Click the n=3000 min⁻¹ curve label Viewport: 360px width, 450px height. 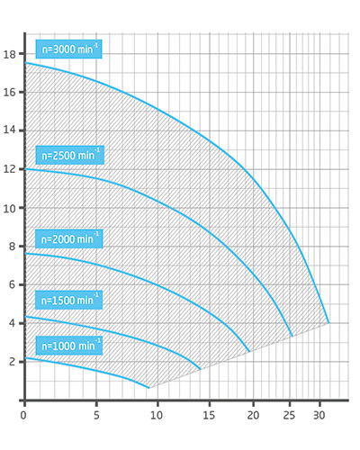(69, 49)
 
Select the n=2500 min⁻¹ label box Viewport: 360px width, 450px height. (69, 155)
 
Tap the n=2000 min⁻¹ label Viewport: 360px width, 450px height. (68, 238)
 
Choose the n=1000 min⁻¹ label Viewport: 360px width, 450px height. (68, 346)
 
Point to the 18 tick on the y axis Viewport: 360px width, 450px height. (9, 55)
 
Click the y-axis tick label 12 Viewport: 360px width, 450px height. (9, 169)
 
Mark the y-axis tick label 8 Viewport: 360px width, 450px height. (9, 246)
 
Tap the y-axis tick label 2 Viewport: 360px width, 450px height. (9, 361)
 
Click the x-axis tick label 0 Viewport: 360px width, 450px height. (23, 416)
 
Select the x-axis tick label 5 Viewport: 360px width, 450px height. (96, 416)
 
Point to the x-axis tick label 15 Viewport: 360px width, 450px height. (209, 416)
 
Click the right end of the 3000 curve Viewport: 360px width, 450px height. (328, 322)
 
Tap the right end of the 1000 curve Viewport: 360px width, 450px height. (148, 388)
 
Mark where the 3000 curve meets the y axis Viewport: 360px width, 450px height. (24, 63)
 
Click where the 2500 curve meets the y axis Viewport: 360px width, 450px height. (24, 169)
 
